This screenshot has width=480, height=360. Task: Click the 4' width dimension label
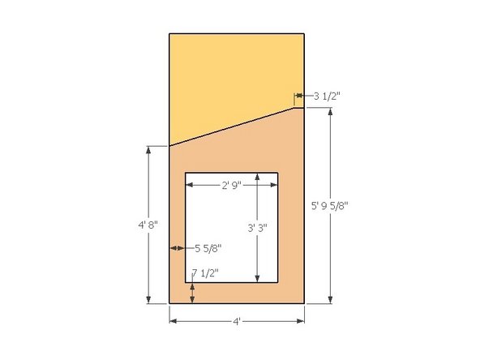[237, 322]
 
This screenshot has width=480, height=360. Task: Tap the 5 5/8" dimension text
[207, 247]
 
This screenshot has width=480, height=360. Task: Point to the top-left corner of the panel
[169, 34]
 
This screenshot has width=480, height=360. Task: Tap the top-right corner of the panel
[304, 34]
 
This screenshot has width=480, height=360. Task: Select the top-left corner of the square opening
[186, 173]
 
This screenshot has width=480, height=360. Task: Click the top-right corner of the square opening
[278, 173]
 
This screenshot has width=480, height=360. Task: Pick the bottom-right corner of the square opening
[278, 283]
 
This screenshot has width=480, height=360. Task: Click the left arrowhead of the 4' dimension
[172, 321]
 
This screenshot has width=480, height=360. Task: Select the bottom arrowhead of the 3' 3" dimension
[257, 279]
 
